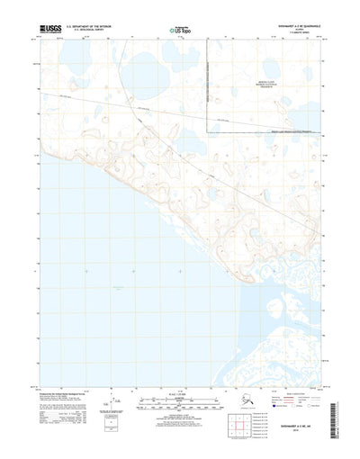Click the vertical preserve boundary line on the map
click(209, 90)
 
